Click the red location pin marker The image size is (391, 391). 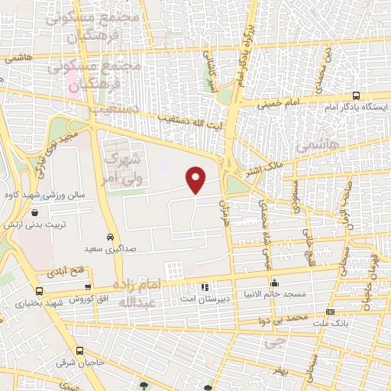pos(197,179)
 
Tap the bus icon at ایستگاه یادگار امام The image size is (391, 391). pos(357,96)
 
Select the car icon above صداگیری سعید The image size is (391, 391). pos(111,237)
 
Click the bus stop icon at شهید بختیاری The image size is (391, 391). pos(40,291)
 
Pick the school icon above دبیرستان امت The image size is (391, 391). pos(204,287)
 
